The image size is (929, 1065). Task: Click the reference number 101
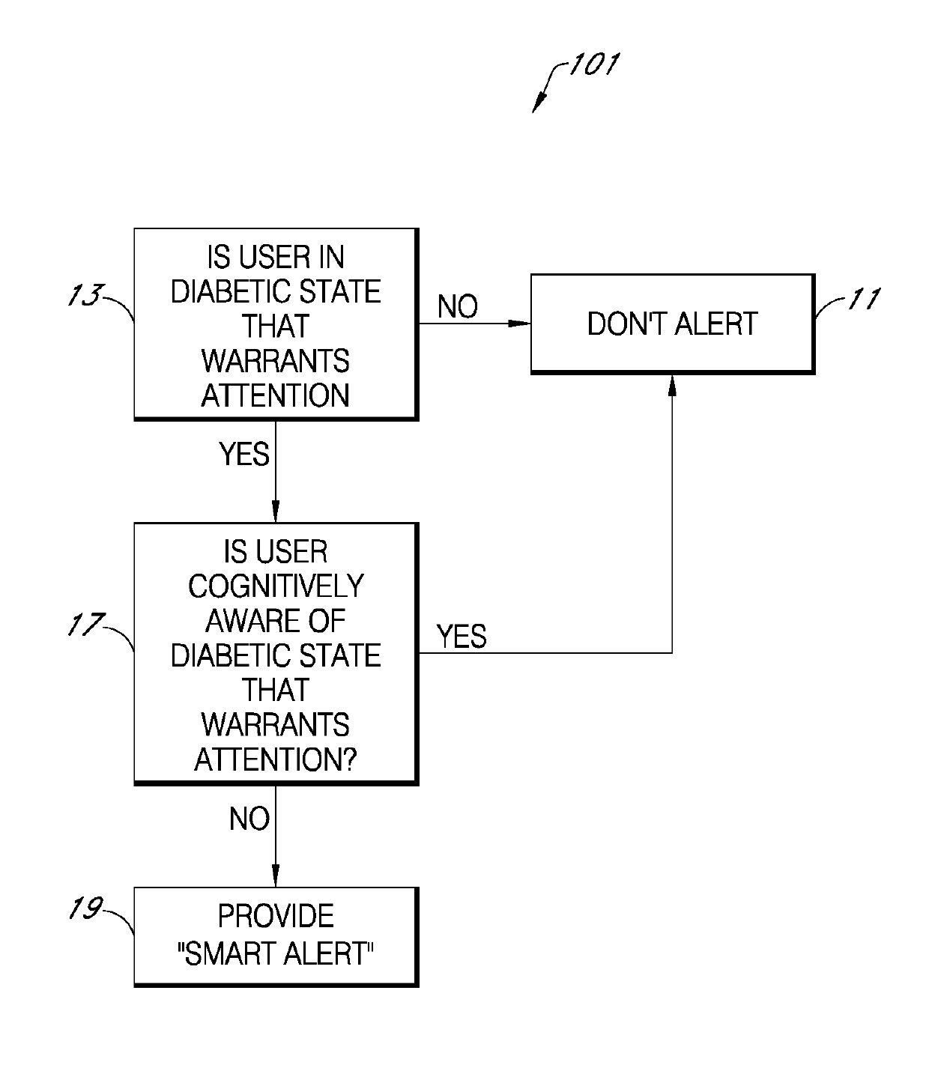click(x=594, y=64)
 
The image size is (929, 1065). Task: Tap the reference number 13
click(x=85, y=294)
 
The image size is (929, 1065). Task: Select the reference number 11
click(x=864, y=298)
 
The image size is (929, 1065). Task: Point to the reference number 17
click(x=86, y=624)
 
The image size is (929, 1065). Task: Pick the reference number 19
click(x=86, y=908)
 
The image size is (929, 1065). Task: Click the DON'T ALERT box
click(x=673, y=324)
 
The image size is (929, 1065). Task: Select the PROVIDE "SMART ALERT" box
click(x=276, y=936)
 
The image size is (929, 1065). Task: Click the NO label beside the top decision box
click(x=457, y=306)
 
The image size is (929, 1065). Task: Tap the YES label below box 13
click(x=243, y=454)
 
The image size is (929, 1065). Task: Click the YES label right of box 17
click(x=462, y=636)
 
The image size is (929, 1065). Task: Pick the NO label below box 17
click(x=249, y=819)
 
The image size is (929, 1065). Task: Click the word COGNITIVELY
click(x=276, y=586)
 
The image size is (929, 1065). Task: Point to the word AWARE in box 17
click(x=239, y=620)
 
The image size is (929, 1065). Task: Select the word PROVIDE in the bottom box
click(x=276, y=916)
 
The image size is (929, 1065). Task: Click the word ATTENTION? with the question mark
click(x=276, y=759)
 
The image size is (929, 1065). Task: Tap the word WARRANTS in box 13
click(x=276, y=361)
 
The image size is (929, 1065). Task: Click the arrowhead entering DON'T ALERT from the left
click(x=520, y=324)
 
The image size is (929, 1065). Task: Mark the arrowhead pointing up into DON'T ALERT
click(x=672, y=386)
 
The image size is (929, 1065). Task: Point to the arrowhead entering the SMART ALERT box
click(x=276, y=876)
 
